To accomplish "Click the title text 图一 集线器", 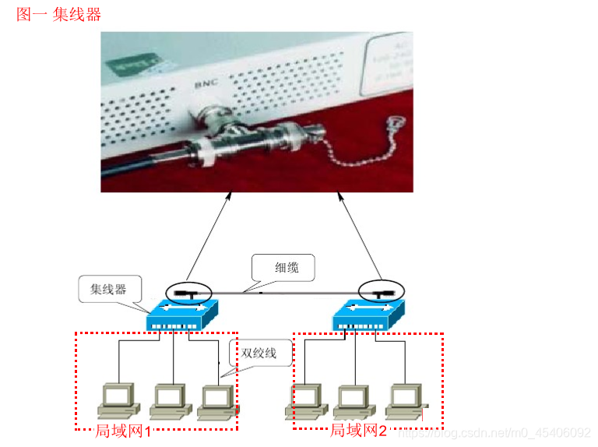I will (59, 15).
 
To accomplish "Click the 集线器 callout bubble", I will (107, 290).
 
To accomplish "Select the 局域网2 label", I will (358, 431).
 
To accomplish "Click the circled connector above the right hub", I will (382, 293).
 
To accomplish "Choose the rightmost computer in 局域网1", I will (215, 399).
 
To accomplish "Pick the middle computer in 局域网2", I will (354, 399).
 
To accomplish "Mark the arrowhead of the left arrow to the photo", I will (230, 200).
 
